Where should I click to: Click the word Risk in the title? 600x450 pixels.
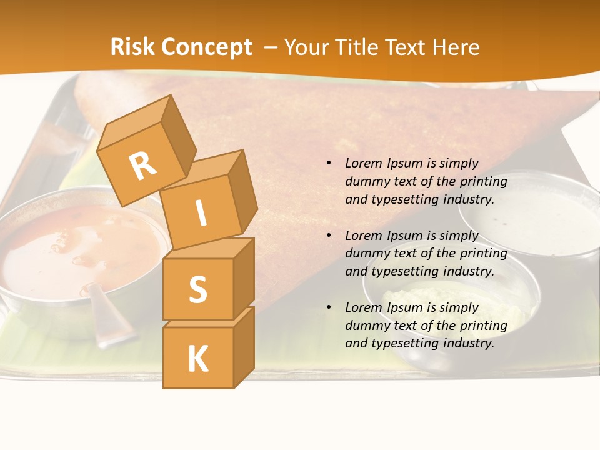click(x=133, y=47)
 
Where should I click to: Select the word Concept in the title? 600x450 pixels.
click(x=207, y=47)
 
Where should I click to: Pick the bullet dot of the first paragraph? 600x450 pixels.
click(x=329, y=164)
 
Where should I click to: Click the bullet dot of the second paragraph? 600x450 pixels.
click(x=329, y=236)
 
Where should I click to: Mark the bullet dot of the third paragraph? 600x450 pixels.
click(x=329, y=307)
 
